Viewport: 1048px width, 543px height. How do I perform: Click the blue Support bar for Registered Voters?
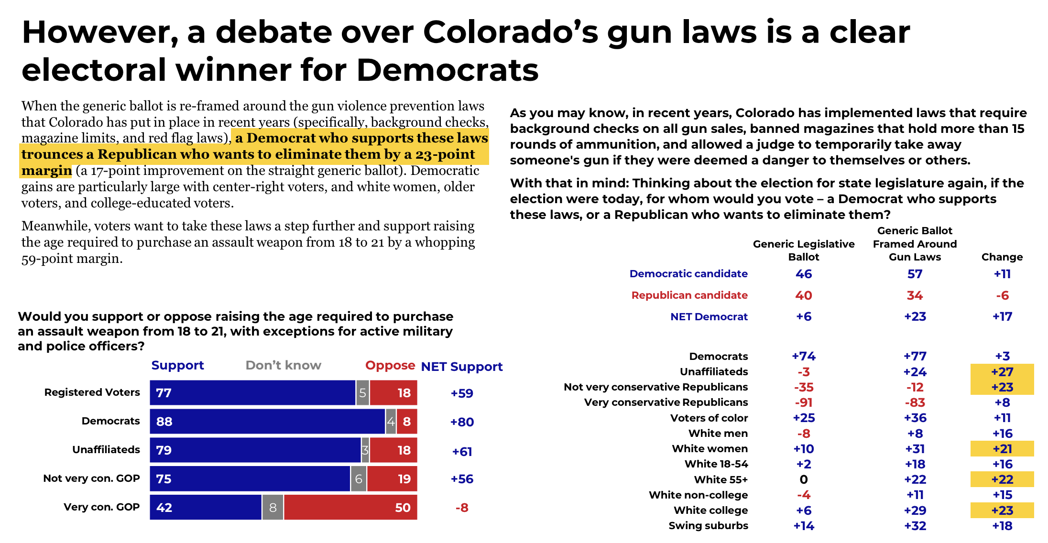tap(252, 393)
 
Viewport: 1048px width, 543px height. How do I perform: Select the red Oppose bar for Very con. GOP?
tap(350, 507)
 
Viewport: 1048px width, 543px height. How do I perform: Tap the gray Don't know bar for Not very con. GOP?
tap(359, 479)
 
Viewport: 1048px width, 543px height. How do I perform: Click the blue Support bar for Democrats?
tap(267, 422)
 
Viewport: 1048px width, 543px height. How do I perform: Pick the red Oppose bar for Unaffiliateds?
tap(393, 450)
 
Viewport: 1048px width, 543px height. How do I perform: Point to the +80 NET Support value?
tap(462, 422)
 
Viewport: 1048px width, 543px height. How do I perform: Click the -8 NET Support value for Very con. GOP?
tap(462, 508)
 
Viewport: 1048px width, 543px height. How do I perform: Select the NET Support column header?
tap(461, 367)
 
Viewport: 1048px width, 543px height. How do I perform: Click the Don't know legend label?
tap(283, 366)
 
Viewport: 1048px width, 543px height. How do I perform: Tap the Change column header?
tap(1002, 257)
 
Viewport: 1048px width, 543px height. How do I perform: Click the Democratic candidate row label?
tap(688, 274)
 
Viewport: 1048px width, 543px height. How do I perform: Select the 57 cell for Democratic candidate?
tap(915, 274)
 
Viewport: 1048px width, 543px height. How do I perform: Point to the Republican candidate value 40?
tap(804, 295)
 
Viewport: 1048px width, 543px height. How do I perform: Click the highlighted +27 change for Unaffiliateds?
tap(1002, 372)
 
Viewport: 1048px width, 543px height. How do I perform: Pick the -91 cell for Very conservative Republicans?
tap(804, 402)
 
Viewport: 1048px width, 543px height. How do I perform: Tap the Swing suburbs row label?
tap(708, 526)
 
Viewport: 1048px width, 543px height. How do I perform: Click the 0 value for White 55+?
tap(804, 479)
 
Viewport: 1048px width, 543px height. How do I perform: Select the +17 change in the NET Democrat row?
tap(1002, 316)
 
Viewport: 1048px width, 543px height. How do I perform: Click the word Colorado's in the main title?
tap(511, 33)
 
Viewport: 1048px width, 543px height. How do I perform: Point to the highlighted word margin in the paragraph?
tap(46, 171)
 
